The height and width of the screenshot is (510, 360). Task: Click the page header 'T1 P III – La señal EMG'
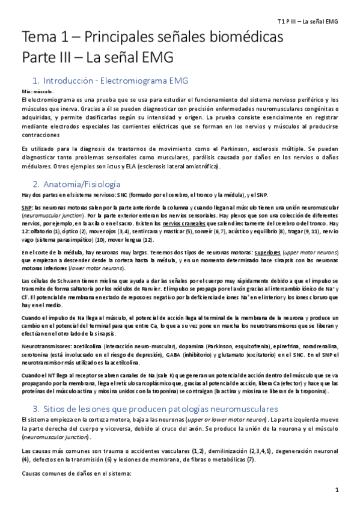tap(312, 21)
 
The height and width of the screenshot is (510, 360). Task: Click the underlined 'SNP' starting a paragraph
tap(26, 207)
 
